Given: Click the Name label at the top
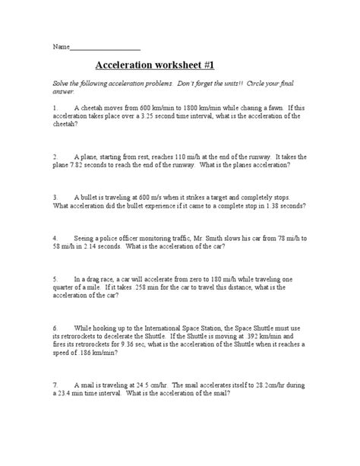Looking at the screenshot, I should click(x=61, y=47).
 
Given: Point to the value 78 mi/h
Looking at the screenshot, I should click(x=297, y=236).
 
